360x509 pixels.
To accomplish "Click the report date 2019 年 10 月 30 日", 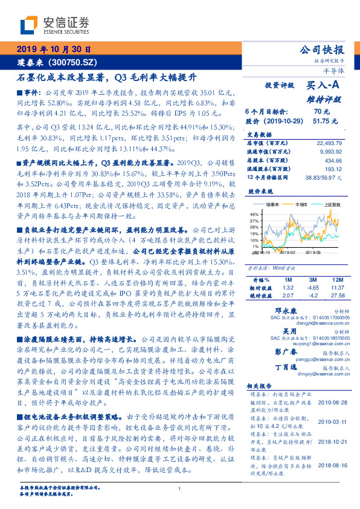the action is pos(54,49).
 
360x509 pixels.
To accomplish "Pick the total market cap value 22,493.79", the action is pos(329,142).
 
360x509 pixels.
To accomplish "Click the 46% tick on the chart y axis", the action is pos(254,214).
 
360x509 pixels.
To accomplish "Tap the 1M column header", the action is pos(288,280).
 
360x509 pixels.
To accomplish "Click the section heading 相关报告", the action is pos(262,384).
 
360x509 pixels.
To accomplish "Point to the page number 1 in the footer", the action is pos(180,488).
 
